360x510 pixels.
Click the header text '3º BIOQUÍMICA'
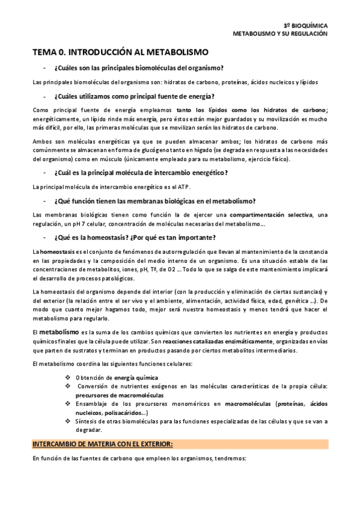click(305, 26)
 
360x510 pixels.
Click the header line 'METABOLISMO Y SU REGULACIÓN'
click(280, 34)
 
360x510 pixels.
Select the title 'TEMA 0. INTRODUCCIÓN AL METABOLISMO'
click(120, 52)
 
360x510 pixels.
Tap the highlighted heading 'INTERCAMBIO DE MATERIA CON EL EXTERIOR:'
click(102, 444)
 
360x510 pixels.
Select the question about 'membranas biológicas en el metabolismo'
click(154, 200)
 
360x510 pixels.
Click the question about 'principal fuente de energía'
click(134, 96)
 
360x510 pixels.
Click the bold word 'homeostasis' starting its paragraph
click(56, 251)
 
